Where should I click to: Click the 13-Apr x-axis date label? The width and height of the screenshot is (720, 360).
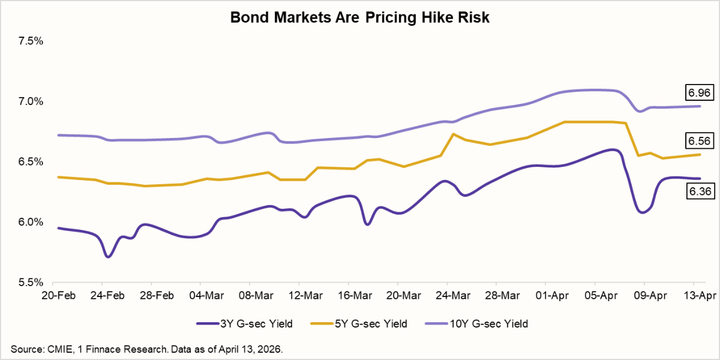694,296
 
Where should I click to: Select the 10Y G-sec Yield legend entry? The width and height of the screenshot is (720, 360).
476,324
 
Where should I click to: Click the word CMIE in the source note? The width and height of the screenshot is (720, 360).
55,349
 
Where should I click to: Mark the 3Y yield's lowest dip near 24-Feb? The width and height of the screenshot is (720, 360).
108,257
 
